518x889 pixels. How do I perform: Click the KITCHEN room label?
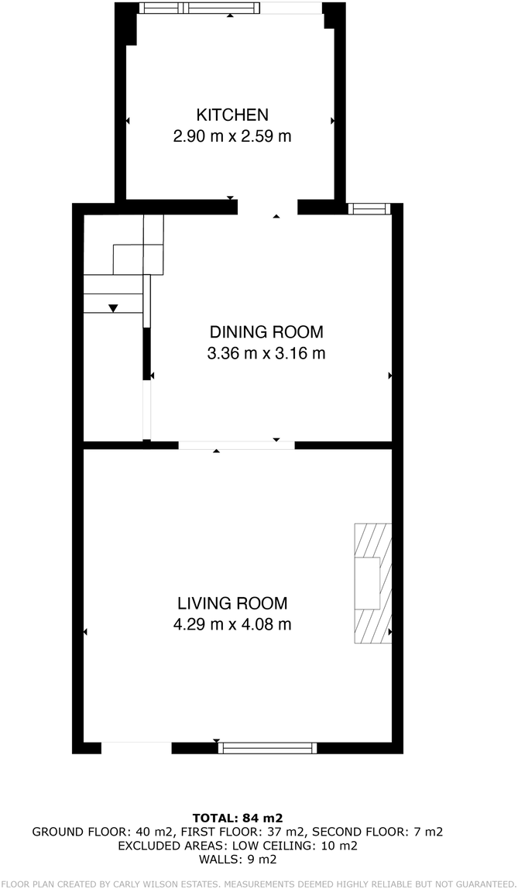[232, 115]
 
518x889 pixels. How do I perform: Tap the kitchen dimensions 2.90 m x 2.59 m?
[232, 136]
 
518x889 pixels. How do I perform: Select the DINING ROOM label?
[266, 331]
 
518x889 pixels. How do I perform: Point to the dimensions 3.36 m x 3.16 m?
[266, 354]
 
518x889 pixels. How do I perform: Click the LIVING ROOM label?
[232, 602]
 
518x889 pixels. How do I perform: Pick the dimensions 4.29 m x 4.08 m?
[232, 625]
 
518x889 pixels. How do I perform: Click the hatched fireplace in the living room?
[373, 583]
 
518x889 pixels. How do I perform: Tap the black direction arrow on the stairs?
[113, 308]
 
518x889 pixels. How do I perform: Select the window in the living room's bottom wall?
[267, 748]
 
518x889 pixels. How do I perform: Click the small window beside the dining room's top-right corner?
[369, 208]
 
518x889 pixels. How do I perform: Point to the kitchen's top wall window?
[200, 8]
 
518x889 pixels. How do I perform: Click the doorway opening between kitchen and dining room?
[267, 208]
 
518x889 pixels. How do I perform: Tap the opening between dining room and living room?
[237, 445]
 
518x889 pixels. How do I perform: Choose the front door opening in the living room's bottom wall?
[136, 748]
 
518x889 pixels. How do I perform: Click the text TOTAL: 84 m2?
[238, 818]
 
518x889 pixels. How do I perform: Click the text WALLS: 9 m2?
[238, 860]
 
